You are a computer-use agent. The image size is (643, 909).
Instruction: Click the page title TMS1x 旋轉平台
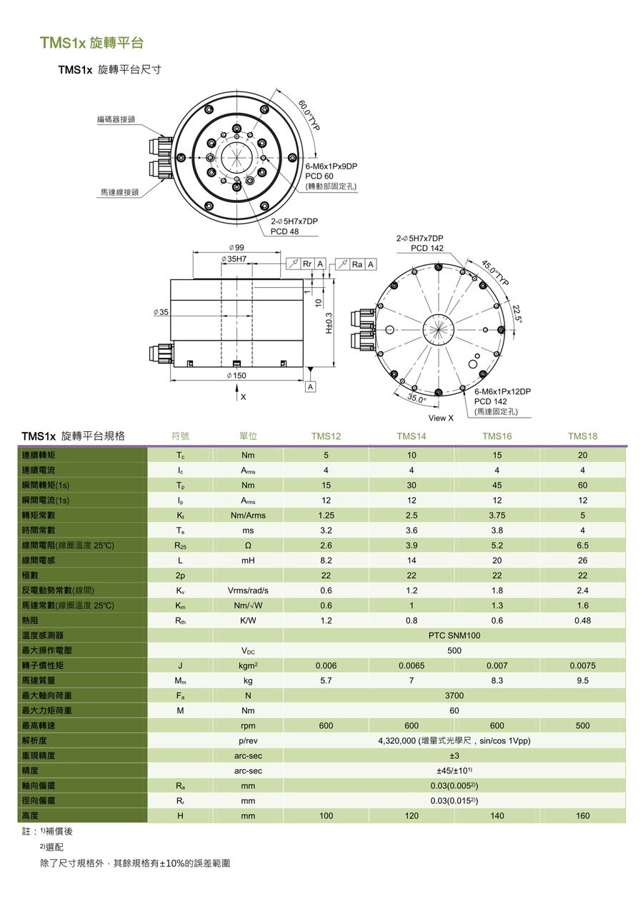coord(91,43)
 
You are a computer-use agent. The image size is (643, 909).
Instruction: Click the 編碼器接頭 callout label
coord(116,119)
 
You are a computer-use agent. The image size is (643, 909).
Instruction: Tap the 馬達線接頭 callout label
coord(119,192)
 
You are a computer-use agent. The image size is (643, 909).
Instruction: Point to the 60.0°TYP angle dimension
coord(309,115)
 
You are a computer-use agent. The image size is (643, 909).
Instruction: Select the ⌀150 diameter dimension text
coord(236,376)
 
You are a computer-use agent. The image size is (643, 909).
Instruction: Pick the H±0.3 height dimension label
coord(329,323)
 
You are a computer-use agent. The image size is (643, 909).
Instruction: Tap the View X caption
coord(441,418)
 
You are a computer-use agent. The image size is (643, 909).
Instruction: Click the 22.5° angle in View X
coord(518,313)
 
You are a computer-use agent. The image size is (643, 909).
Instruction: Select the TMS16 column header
coord(497,436)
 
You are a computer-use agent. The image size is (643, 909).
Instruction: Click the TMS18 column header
coord(582,436)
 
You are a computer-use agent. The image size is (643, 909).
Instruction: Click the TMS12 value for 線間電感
coord(326,561)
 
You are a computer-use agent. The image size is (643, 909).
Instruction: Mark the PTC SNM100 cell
coord(454,636)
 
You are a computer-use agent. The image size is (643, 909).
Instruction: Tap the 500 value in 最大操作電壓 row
coord(454,651)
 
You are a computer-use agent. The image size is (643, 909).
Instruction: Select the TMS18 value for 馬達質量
coord(582,681)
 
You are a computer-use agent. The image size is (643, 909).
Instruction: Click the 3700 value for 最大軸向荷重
coord(454,695)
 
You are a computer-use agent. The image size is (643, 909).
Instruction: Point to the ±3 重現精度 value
coord(454,755)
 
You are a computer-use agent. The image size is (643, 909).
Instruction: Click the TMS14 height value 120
coord(412,815)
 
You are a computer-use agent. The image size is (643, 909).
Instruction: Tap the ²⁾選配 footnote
coord(51,847)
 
